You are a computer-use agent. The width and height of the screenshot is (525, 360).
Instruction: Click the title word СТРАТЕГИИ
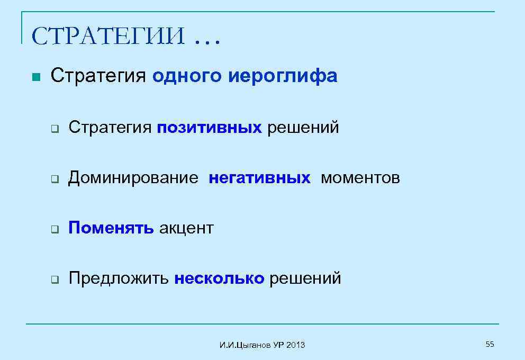click(108, 37)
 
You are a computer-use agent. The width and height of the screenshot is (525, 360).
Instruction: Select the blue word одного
click(188, 77)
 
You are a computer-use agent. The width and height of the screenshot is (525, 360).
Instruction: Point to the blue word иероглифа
click(283, 77)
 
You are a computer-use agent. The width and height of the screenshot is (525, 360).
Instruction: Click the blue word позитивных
click(209, 128)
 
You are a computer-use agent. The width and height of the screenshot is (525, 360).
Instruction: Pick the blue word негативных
click(259, 178)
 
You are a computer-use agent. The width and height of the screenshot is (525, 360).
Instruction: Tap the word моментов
click(360, 178)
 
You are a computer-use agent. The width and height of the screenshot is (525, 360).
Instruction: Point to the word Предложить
click(119, 278)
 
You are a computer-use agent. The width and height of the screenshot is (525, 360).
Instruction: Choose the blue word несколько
click(219, 278)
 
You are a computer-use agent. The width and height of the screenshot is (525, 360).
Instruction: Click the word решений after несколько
click(305, 278)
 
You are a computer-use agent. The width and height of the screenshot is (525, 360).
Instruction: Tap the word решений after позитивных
click(303, 128)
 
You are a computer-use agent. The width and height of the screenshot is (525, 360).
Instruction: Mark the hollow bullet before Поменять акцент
click(54, 229)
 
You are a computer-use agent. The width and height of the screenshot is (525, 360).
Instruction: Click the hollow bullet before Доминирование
click(54, 179)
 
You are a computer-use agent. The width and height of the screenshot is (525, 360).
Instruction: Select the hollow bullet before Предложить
click(54, 280)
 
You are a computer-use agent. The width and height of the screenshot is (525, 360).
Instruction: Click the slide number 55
click(490, 345)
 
